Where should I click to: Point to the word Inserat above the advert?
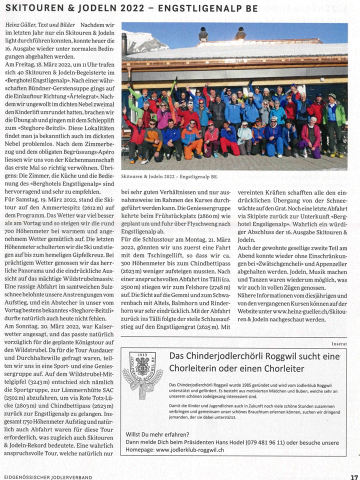(x=338, y=343)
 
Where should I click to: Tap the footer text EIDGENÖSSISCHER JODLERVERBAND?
(x=46, y=477)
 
